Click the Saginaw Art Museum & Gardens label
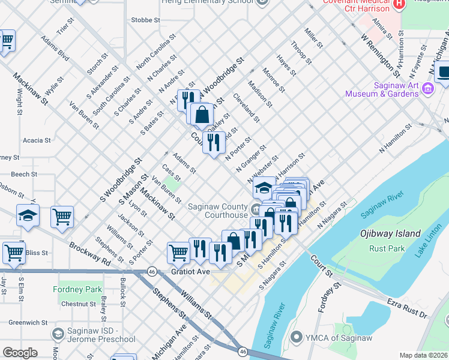click(x=381, y=89)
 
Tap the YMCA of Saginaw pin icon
click(x=295, y=338)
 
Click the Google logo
click(x=20, y=353)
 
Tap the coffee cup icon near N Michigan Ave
click(x=444, y=73)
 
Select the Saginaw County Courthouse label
click(x=217, y=211)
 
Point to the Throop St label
click(x=300, y=53)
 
